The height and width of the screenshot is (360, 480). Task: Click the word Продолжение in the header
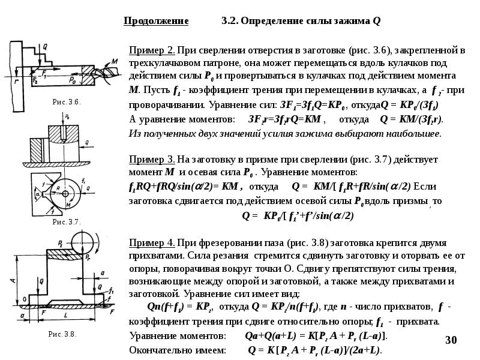point(156,21)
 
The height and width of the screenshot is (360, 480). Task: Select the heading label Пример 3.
point(152,160)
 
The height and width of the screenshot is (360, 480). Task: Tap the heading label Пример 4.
point(152,242)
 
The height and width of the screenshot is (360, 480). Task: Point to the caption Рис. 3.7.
point(67,221)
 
